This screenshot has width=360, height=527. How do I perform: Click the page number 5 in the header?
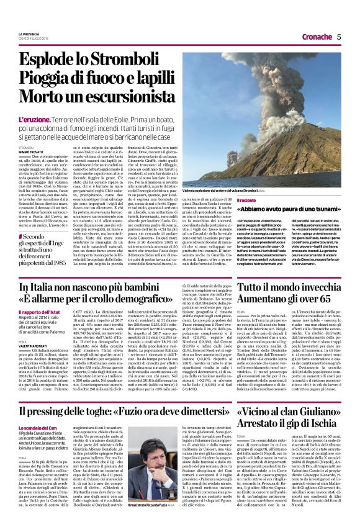[340, 35]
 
